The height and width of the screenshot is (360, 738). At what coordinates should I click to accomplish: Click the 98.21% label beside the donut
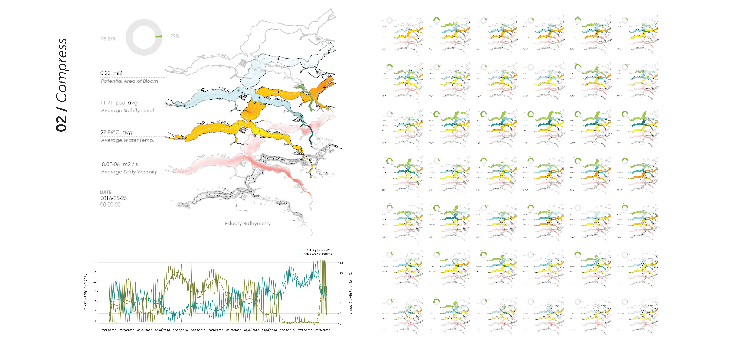(x=108, y=39)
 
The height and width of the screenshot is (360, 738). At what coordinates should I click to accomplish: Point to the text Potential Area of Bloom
(x=129, y=81)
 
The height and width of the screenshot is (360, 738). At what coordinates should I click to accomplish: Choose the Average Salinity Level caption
(x=127, y=111)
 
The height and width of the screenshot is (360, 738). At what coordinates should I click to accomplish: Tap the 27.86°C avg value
(x=116, y=132)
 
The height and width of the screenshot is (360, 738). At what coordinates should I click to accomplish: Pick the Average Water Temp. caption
(x=128, y=140)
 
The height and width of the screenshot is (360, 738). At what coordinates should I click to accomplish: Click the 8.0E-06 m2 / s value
(x=120, y=164)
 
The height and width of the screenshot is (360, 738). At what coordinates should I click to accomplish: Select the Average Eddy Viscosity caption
(x=129, y=172)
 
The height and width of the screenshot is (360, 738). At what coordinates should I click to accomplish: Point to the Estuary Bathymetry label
(x=247, y=223)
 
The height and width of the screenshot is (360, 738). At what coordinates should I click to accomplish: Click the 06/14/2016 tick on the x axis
(x=180, y=330)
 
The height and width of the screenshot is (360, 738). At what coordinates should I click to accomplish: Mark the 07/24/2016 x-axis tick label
(x=323, y=330)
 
